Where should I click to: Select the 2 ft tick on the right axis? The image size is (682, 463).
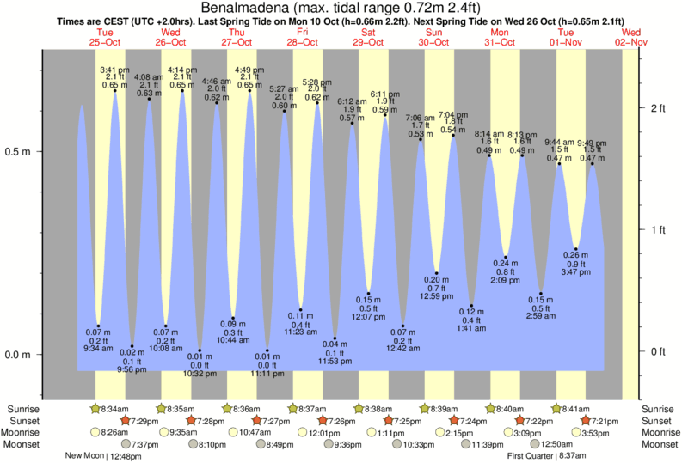pos(659,108)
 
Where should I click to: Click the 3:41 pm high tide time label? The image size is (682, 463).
pos(114,69)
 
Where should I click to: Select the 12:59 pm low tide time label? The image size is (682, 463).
pos(437,296)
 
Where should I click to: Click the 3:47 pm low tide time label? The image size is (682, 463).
pos(575,271)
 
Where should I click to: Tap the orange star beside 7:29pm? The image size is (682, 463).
pos(126,421)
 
